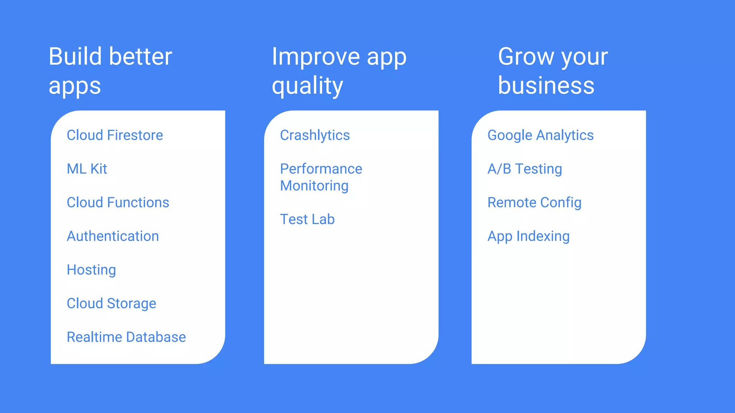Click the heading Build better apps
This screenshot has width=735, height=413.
point(110,71)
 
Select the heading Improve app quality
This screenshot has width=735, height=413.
point(339,71)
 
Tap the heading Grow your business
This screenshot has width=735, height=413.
point(553,71)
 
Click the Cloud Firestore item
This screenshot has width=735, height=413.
point(115,135)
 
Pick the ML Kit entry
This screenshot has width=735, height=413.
point(87,169)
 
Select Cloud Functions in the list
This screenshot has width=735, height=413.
point(118,203)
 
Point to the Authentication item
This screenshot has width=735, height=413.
point(113,236)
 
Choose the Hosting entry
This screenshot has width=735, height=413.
point(91,270)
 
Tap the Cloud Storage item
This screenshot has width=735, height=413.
point(111,304)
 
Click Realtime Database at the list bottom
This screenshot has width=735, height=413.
point(126,337)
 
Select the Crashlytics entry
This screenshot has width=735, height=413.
point(315,135)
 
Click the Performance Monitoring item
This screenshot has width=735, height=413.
point(321,177)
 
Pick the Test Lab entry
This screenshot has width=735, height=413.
point(307,219)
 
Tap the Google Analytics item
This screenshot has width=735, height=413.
point(540,135)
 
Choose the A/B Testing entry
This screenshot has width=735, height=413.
point(525,169)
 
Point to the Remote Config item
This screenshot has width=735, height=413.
point(534,203)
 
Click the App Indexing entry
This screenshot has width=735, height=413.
point(528,236)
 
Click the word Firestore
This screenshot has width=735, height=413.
point(135,135)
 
